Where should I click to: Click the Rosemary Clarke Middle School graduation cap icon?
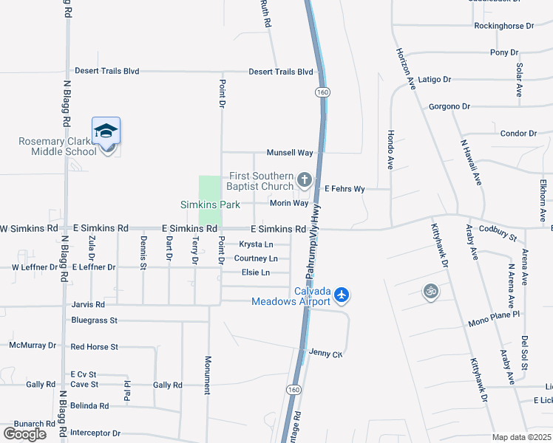(106, 131)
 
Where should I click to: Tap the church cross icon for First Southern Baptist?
(304, 179)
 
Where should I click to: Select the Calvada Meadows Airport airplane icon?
(341, 295)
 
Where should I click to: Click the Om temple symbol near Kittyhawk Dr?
(430, 292)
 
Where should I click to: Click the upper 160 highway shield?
(322, 92)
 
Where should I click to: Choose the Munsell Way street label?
(290, 153)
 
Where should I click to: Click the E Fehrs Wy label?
(345, 189)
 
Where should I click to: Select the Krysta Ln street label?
(256, 244)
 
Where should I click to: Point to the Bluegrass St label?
(94, 320)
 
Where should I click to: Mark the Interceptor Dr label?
(95, 433)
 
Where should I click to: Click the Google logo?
(24, 433)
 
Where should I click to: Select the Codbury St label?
(498, 233)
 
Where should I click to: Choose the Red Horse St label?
(94, 346)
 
